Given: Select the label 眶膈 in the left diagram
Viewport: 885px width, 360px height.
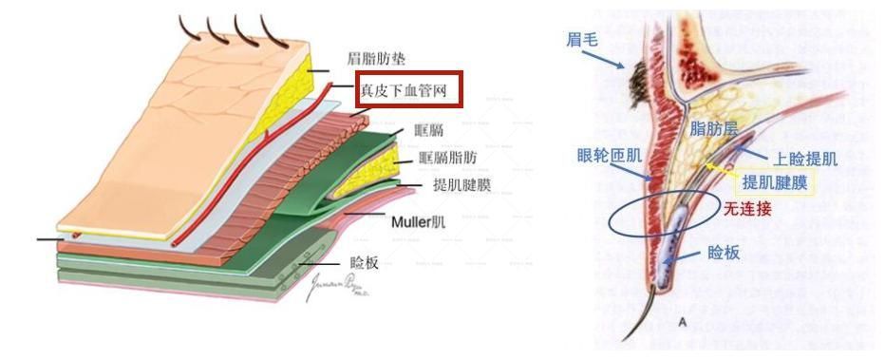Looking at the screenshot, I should (428, 131).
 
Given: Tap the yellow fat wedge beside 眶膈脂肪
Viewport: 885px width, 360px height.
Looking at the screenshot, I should (385, 167).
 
